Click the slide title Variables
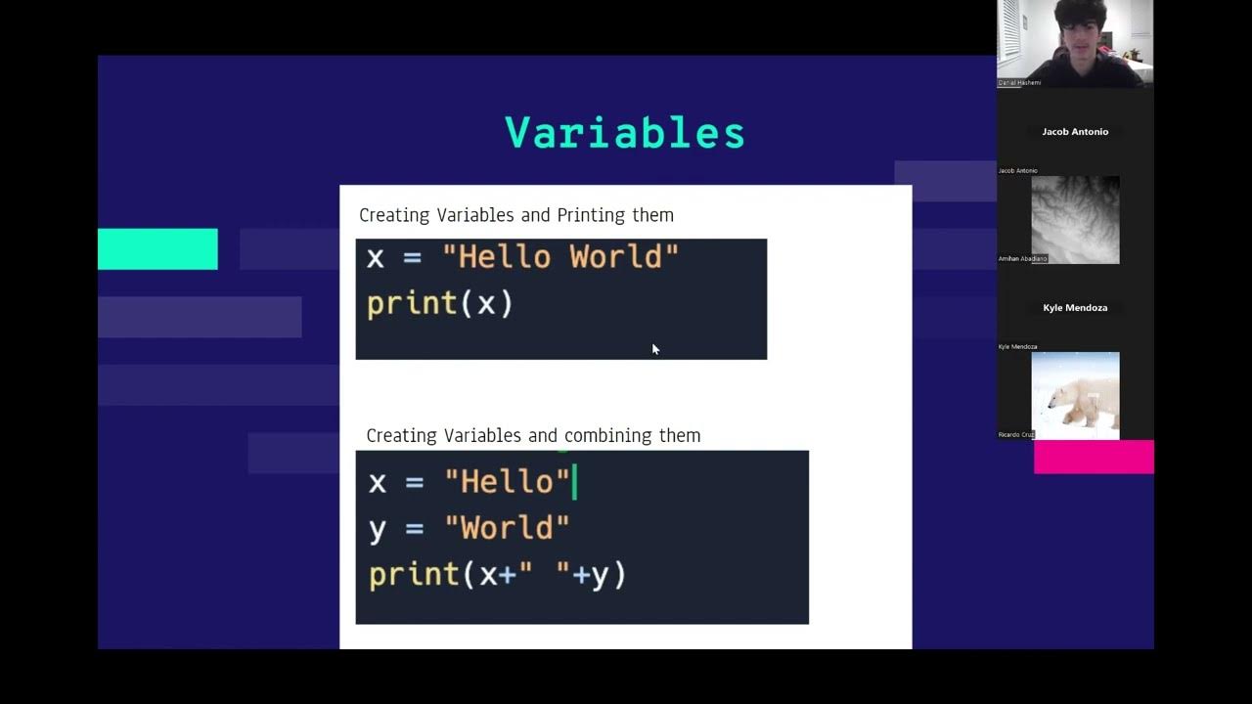[x=624, y=133]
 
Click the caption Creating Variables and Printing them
[x=515, y=215]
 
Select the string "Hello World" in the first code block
[x=560, y=257]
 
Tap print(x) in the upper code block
[x=439, y=304]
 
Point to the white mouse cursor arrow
[x=654, y=347]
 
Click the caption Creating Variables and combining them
[x=533, y=436]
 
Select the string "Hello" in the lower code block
[x=507, y=482]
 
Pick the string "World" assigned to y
[x=507, y=528]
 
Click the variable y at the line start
[x=378, y=529]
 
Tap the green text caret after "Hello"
[x=575, y=482]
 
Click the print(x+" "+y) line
[x=497, y=574]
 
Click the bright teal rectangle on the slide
[x=157, y=249]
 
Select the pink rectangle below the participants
[x=1094, y=457]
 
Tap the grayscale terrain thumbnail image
[x=1075, y=220]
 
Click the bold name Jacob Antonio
[x=1075, y=132]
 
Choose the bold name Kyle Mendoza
[x=1075, y=308]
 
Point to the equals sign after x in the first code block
[x=412, y=258]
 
